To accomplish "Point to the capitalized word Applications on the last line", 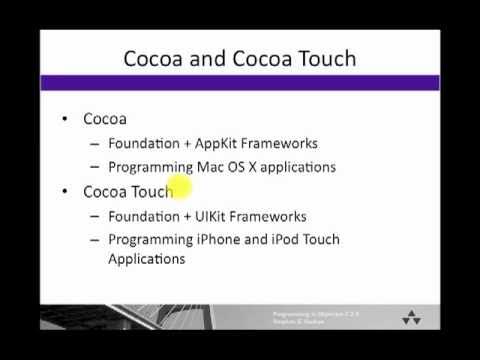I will click(x=147, y=259).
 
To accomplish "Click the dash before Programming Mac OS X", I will click(x=95, y=167).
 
